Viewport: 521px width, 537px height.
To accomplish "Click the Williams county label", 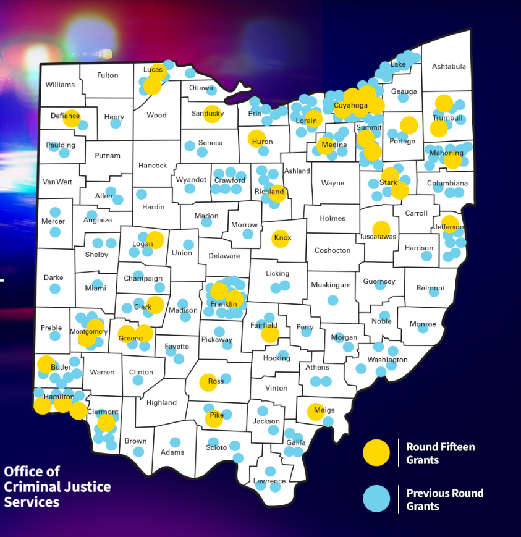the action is [60, 85].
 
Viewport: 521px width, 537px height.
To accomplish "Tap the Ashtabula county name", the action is [449, 66].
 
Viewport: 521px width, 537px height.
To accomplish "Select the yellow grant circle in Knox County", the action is [281, 238].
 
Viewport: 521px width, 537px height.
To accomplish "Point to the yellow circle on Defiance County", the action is [72, 117].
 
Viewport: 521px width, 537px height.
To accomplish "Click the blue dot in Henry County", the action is [116, 124].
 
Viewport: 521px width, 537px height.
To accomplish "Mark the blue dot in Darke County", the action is [55, 289].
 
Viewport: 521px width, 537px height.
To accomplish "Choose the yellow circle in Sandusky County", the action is [213, 114].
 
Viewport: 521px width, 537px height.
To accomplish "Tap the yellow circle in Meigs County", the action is [316, 412].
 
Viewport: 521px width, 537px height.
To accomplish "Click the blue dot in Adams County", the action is [176, 442].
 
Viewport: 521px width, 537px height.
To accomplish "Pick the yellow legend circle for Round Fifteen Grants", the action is [376, 452].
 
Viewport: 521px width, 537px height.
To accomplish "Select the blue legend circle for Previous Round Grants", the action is [376, 499].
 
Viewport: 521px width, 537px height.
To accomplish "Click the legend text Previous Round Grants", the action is [444, 499].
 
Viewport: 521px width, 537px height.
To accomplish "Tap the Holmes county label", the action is [333, 218].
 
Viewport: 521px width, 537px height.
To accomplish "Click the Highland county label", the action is [161, 403].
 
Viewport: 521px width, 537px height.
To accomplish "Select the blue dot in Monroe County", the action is [423, 328].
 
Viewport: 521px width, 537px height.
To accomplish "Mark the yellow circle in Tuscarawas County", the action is [381, 230].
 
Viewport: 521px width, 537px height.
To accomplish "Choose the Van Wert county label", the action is [57, 182].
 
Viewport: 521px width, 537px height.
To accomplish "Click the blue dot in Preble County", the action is [55, 336].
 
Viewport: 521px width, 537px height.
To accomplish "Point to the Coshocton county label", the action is [333, 250].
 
